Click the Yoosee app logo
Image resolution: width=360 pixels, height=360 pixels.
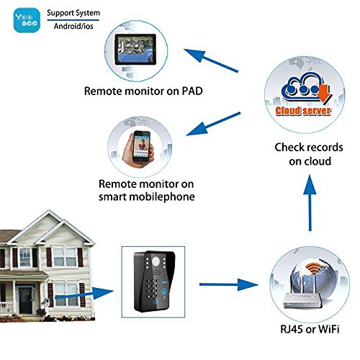(x=27, y=20)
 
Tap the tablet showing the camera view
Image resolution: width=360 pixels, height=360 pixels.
(x=135, y=50)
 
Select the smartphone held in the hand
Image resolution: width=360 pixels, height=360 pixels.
(x=142, y=147)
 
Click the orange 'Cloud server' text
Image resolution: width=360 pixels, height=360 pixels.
(x=303, y=111)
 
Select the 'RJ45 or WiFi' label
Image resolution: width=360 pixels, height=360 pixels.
(x=310, y=329)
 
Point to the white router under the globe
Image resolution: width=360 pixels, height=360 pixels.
(x=303, y=301)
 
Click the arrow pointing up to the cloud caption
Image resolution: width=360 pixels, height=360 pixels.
(x=310, y=203)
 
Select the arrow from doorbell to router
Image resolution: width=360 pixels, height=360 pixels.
(x=229, y=284)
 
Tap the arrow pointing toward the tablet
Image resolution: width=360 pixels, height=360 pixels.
(x=211, y=60)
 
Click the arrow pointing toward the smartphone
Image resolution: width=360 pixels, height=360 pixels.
(x=213, y=124)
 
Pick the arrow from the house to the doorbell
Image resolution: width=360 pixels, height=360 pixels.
(x=84, y=294)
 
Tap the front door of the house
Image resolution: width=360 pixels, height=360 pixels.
(x=25, y=300)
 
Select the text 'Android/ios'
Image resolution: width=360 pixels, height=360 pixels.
(x=73, y=26)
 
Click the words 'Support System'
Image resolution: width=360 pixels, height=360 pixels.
(x=73, y=13)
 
